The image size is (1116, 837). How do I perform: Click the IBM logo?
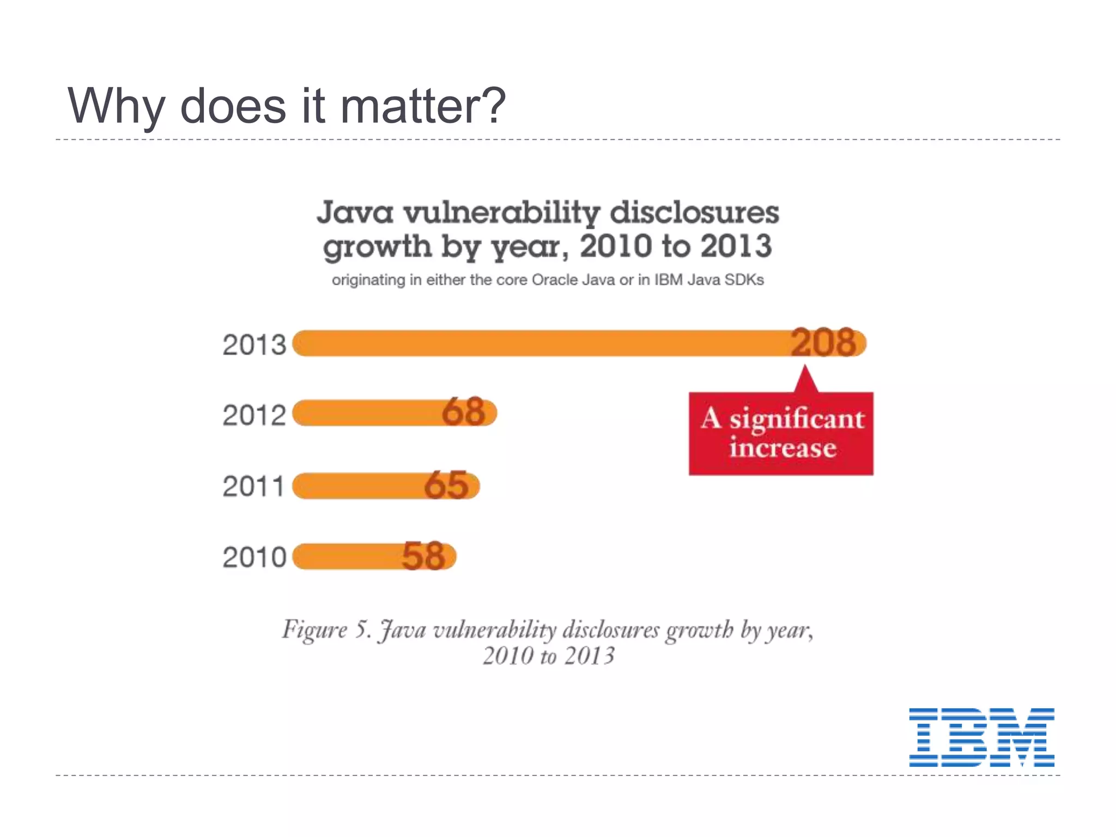(x=981, y=737)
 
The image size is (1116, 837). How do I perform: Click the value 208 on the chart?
(x=823, y=343)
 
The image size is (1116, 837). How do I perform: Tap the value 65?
(x=446, y=485)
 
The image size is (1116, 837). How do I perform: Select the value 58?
(x=423, y=556)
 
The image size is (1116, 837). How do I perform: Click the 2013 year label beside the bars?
(x=254, y=345)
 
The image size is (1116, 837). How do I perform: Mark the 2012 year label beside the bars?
(x=254, y=415)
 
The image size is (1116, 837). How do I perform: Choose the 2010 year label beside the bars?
(x=254, y=557)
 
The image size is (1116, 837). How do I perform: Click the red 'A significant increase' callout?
(x=781, y=433)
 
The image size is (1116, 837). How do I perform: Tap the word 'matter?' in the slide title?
(x=423, y=106)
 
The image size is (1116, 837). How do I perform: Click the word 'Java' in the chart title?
(x=355, y=212)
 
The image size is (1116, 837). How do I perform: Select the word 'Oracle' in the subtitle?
(x=554, y=280)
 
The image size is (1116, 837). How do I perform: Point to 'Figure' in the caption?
(x=314, y=630)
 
